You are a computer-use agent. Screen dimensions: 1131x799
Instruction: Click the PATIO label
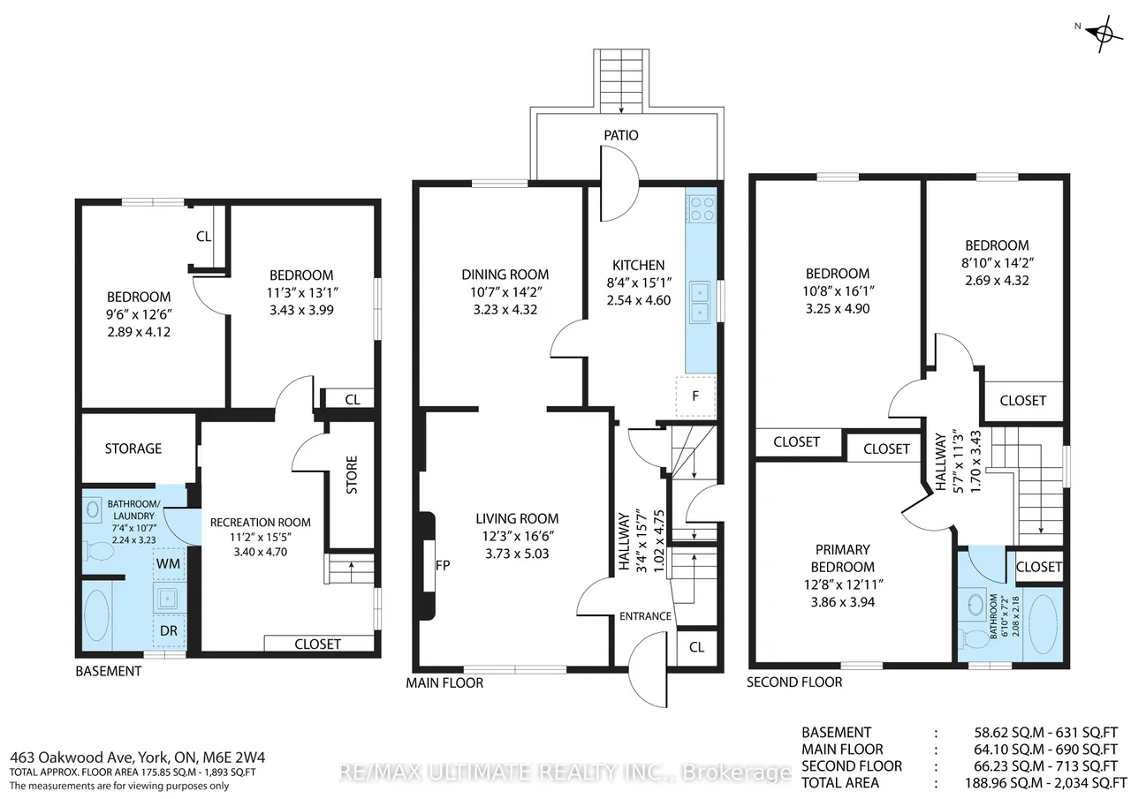620,135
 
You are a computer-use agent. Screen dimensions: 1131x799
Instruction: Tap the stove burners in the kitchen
701,208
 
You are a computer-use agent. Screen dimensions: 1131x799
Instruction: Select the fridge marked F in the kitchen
695,396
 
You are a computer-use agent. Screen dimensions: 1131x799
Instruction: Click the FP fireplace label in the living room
443,565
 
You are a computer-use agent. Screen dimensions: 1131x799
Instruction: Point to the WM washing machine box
169,563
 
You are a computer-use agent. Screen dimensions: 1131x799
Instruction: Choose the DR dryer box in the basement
169,630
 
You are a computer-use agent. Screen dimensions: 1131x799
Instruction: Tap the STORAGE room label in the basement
133,448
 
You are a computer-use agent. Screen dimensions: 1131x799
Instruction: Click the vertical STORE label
352,475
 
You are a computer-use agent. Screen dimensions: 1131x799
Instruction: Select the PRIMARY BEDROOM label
843,558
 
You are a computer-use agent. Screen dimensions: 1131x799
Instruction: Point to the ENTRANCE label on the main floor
645,616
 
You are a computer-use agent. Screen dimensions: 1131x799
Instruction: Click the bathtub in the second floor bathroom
1042,624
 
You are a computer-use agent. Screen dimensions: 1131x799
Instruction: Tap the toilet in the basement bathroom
99,551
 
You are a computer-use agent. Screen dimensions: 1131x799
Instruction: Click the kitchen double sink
701,302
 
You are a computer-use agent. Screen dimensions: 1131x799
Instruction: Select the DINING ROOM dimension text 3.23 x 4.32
505,309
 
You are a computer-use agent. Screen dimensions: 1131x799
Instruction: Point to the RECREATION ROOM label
260,522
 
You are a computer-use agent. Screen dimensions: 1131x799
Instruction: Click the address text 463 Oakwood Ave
72,758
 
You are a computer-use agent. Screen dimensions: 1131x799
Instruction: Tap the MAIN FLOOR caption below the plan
444,682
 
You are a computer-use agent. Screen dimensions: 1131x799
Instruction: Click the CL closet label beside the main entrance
696,647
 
